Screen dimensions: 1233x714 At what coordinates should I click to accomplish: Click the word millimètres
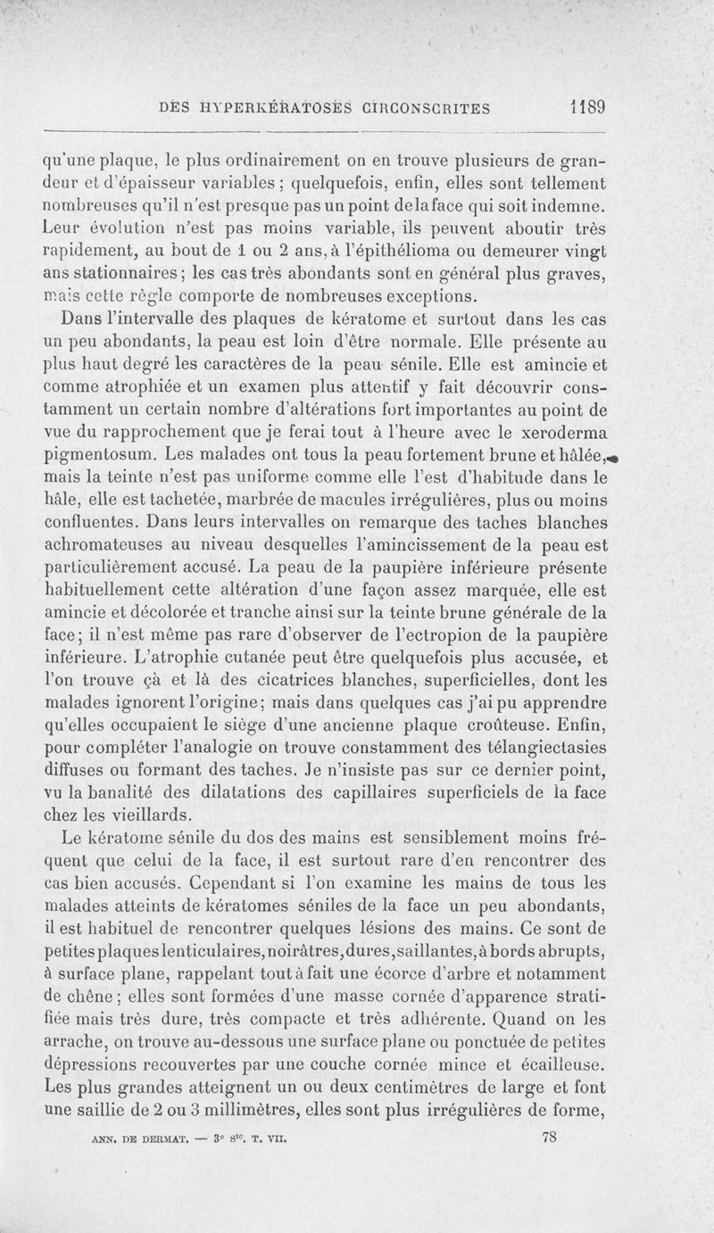[296, 1112]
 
